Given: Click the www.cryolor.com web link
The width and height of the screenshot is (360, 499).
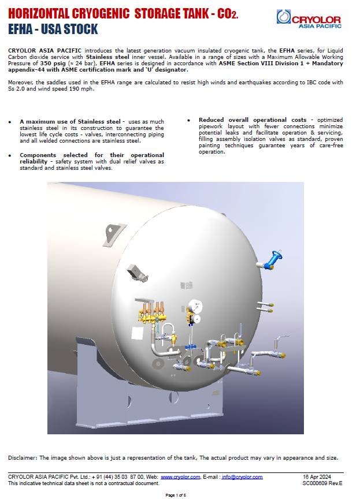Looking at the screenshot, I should [180, 477].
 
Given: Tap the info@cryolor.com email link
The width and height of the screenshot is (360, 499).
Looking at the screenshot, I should [242, 477].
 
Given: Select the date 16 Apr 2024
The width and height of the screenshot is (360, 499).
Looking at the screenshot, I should [314, 477].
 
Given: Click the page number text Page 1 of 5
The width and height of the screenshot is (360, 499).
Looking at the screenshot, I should [176, 495].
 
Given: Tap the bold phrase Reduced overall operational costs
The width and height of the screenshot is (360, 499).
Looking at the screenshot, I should [252, 120].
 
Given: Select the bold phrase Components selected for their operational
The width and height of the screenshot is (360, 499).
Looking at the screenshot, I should [91, 155].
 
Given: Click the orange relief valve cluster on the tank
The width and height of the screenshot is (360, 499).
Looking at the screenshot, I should [150, 312].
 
